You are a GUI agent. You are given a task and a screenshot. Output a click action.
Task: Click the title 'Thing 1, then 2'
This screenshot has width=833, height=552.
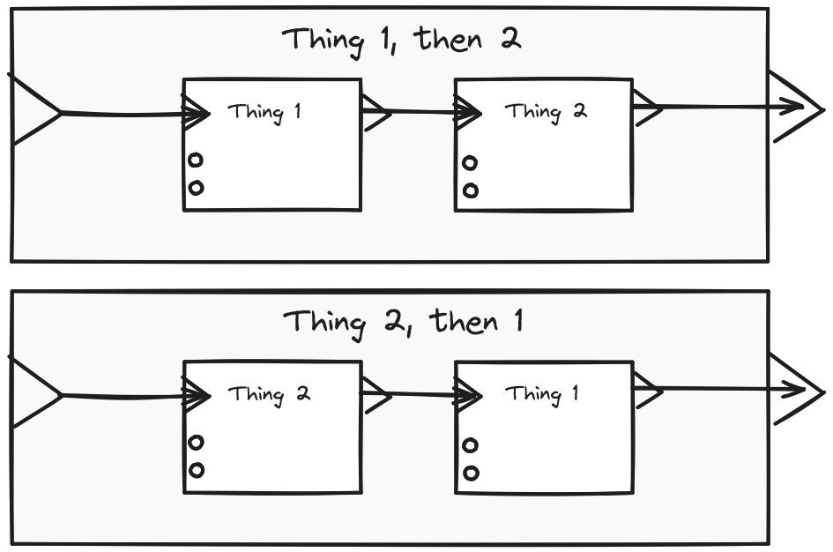tap(401, 41)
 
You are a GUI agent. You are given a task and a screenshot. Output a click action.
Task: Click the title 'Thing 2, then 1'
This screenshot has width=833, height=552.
tap(403, 322)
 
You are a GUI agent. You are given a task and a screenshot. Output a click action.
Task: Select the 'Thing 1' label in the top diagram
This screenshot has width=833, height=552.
tap(264, 113)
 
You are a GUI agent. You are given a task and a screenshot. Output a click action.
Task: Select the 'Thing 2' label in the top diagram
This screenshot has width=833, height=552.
tap(545, 112)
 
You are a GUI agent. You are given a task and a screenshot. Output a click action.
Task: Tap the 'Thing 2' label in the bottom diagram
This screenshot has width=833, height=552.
tap(269, 394)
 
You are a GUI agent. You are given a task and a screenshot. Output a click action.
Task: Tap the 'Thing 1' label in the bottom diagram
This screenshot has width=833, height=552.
tap(541, 394)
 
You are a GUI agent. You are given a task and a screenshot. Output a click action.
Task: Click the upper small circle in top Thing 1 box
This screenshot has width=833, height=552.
tap(196, 160)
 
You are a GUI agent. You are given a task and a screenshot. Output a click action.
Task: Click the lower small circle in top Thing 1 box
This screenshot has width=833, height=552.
tap(196, 187)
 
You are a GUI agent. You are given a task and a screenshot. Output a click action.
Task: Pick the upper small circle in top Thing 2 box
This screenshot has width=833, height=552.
tap(470, 163)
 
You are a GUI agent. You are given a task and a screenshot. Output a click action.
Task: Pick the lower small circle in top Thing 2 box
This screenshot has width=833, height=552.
tap(470, 190)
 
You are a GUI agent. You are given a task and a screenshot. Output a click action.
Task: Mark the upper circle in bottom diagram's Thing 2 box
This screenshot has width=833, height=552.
tap(196, 443)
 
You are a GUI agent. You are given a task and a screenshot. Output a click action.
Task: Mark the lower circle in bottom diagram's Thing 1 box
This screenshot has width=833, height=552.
tap(470, 473)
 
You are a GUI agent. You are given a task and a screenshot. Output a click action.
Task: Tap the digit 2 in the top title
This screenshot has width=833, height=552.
tap(509, 39)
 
